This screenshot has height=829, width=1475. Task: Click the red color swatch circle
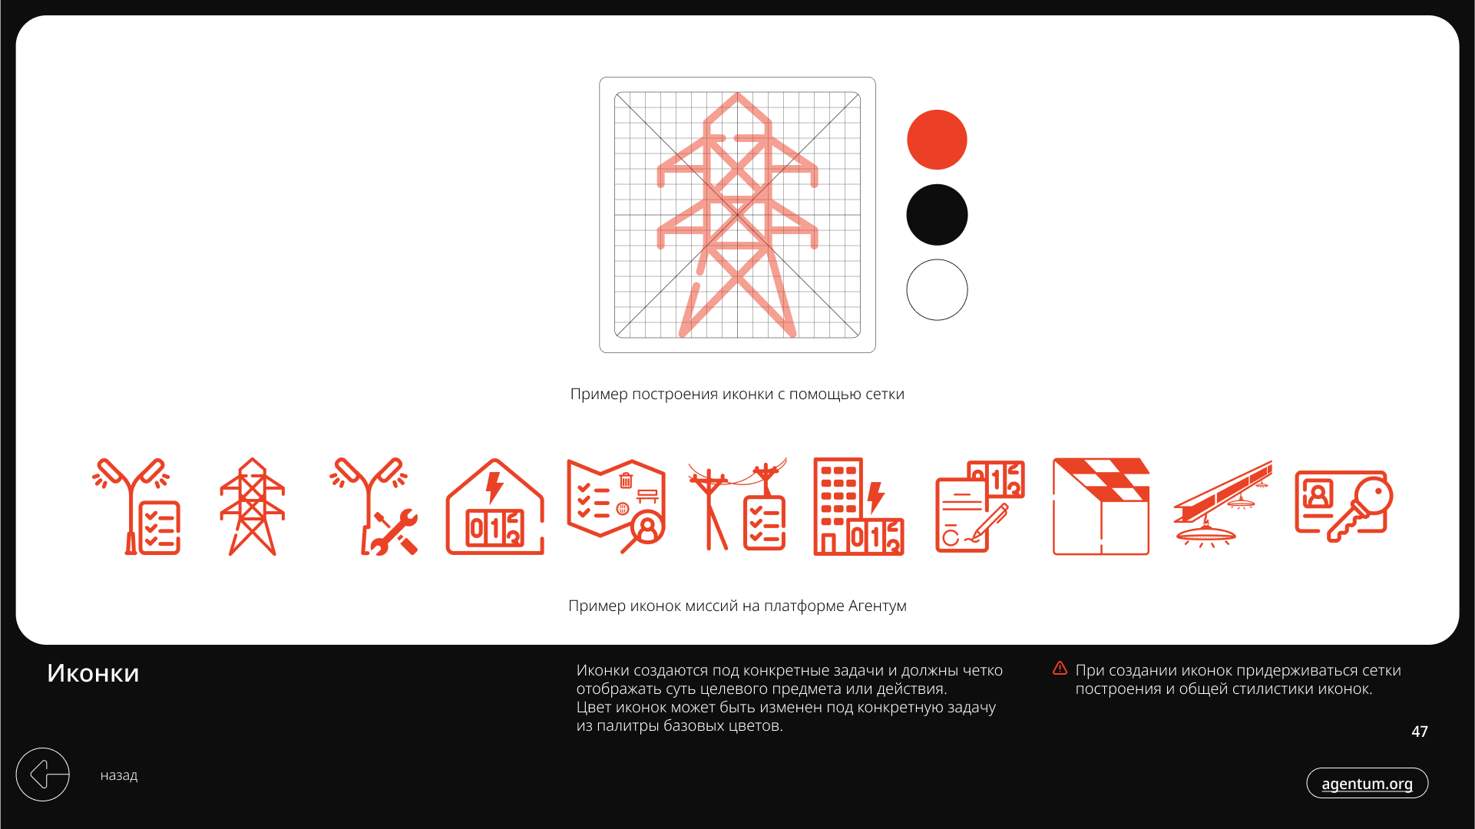tap(937, 140)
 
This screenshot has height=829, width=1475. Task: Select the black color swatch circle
tap(937, 215)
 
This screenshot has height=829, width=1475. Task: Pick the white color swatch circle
tap(937, 289)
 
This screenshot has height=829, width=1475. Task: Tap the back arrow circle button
tap(43, 775)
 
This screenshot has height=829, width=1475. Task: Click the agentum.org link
tap(1367, 783)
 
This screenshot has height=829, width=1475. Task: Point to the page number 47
tap(1420, 732)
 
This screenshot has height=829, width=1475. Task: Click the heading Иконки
tap(93, 673)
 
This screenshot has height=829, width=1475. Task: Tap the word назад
tap(119, 775)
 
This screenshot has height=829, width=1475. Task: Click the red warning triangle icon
tap(1060, 669)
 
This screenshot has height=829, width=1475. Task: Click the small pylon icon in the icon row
tap(252, 507)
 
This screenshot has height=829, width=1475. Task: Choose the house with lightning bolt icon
tap(494, 507)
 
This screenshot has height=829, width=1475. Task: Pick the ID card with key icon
tap(1344, 507)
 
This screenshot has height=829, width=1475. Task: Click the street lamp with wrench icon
tap(373, 507)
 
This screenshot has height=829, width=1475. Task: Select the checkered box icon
tap(1101, 507)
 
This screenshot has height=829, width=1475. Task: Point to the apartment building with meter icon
tap(858, 507)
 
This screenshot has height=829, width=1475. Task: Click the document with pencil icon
tap(980, 507)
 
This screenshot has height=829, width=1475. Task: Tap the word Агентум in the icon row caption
tap(878, 606)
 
